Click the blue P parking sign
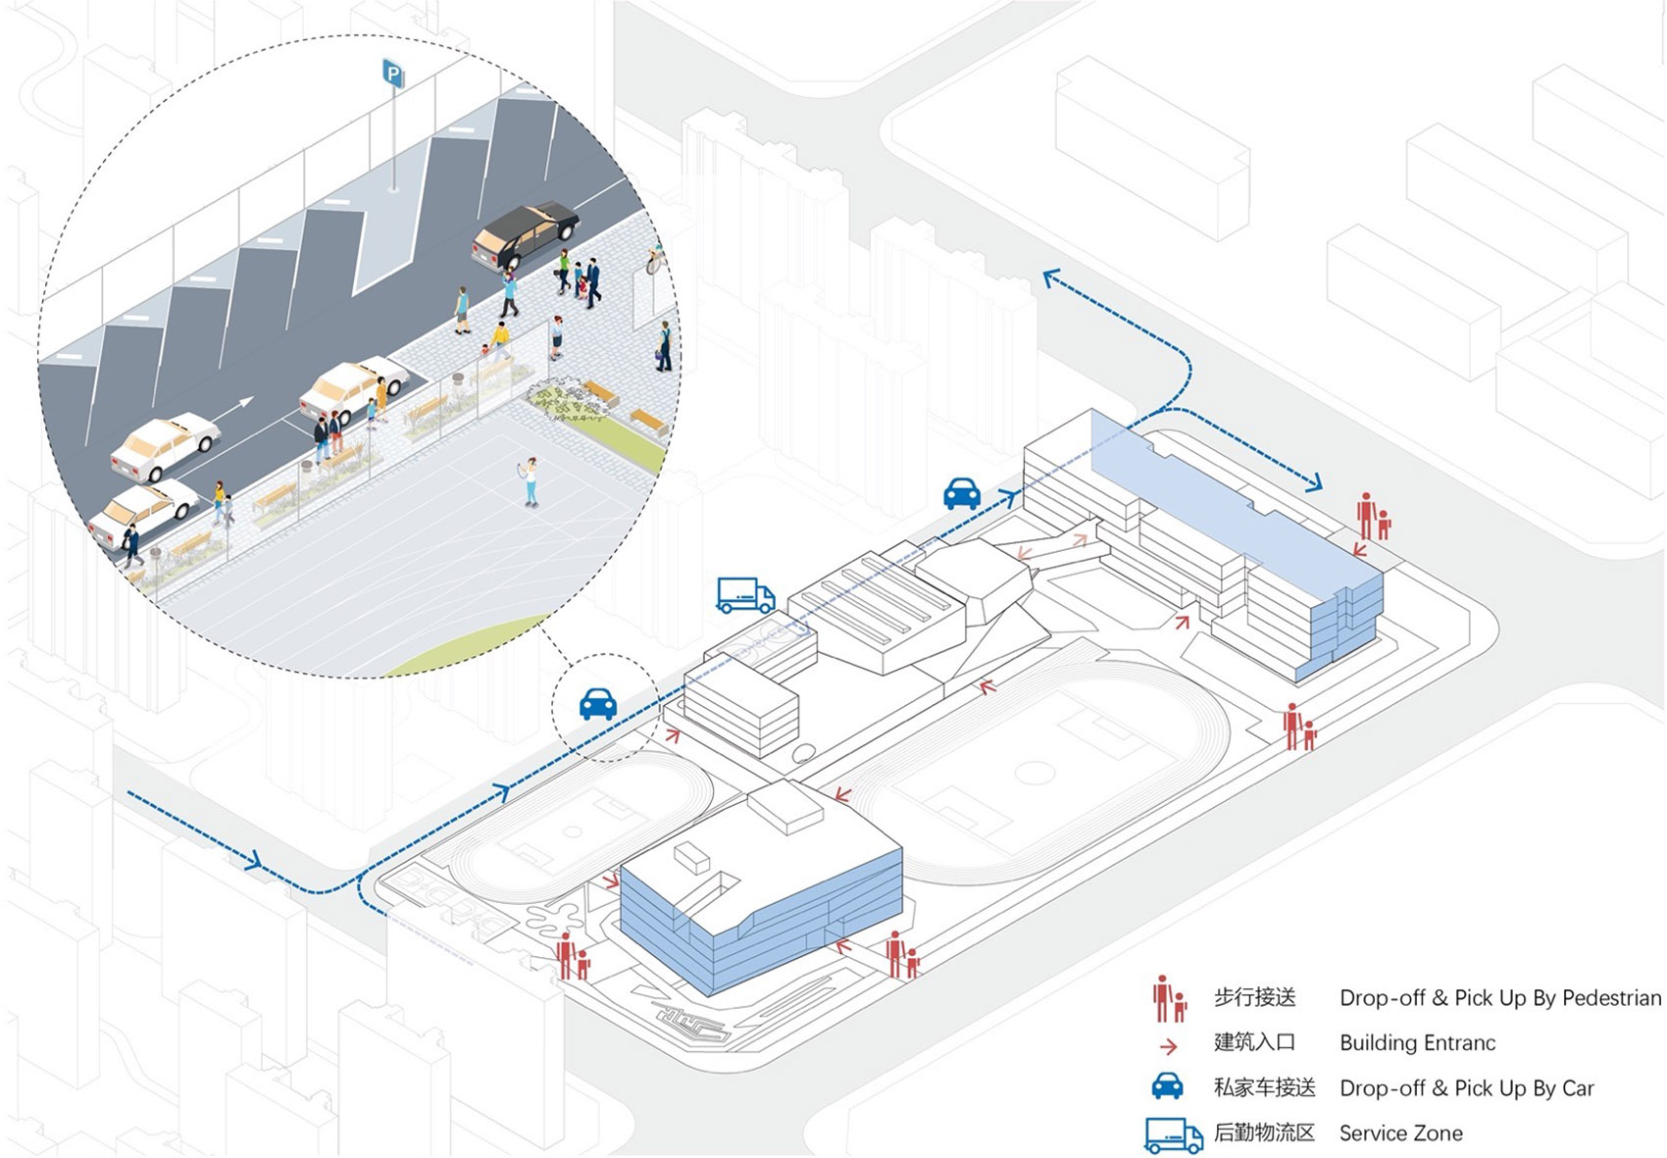point(393,74)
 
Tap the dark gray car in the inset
point(526,234)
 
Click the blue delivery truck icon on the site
point(745,595)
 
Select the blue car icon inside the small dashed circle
point(598,704)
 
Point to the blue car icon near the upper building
point(962,493)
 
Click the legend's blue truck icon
point(1173,1135)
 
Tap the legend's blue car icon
point(1167,1086)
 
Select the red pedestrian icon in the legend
point(1169,998)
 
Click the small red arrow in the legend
point(1168,1046)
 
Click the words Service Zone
point(1400,1133)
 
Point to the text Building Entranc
point(1417,1043)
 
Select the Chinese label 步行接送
point(1254,998)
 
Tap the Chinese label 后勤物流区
point(1264,1133)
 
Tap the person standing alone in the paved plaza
point(530,481)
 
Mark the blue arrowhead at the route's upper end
point(1050,278)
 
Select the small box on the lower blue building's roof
point(691,860)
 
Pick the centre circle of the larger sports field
point(1034,773)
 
